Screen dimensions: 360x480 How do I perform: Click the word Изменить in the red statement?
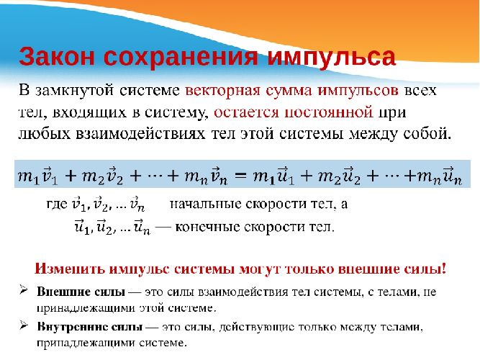(x=68, y=270)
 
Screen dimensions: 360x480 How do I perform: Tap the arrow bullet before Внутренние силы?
(x=24, y=327)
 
